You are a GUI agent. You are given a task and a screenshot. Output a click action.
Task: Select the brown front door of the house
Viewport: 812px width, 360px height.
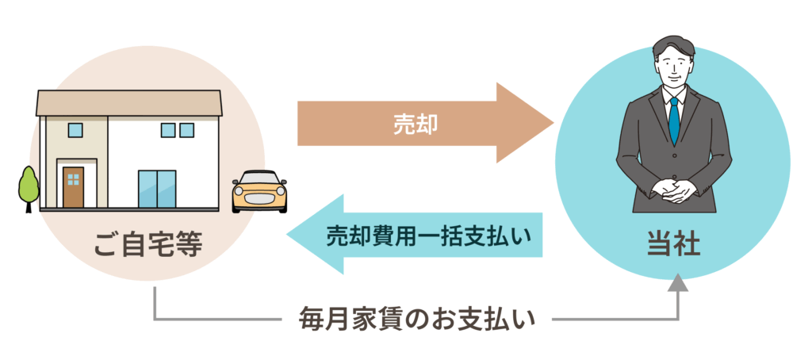click(73, 187)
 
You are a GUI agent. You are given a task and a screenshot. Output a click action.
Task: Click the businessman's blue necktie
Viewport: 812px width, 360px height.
click(673, 120)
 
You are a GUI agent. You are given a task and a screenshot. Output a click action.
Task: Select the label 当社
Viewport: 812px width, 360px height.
click(673, 243)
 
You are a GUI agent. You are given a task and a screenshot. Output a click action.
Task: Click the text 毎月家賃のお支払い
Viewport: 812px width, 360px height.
click(416, 320)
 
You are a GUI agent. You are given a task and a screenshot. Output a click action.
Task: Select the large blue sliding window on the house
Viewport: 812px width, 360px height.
click(158, 189)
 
